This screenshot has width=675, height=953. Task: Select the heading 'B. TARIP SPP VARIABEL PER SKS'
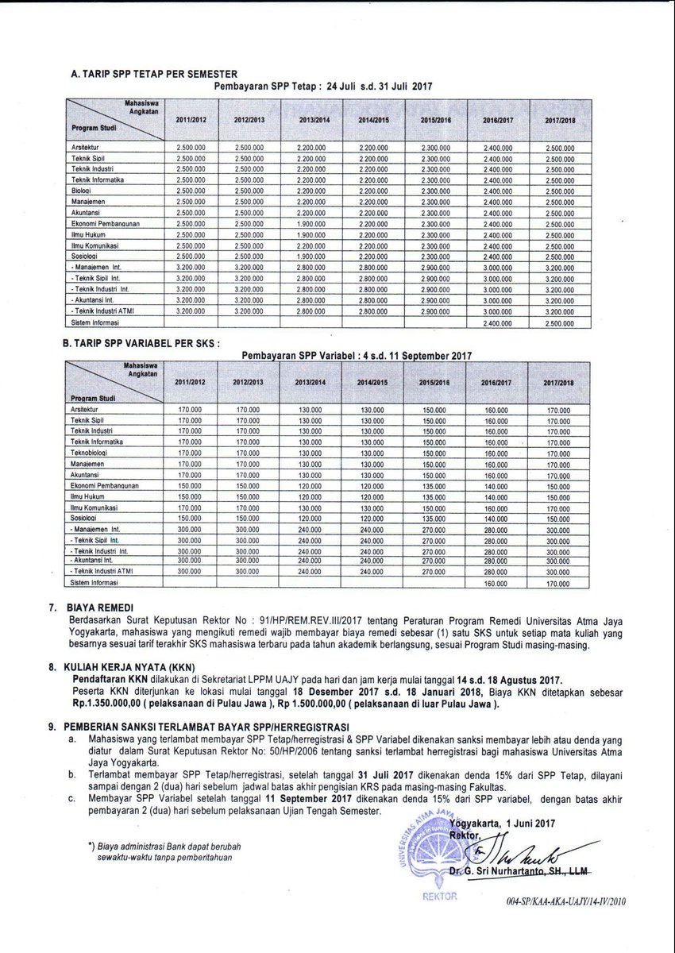tap(140, 343)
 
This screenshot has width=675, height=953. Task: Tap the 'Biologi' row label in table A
tap(83, 191)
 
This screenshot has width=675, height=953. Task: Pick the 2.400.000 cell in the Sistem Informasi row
tap(498, 323)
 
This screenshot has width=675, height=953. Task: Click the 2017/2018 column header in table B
tap(559, 383)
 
